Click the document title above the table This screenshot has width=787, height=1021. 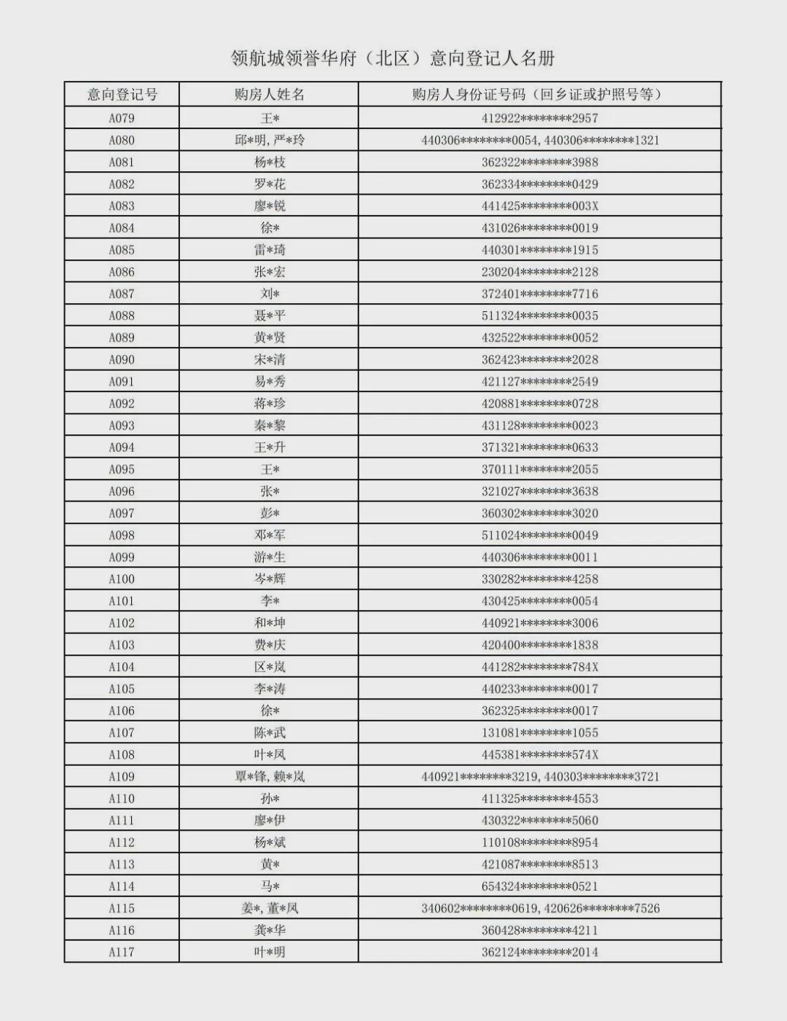(393, 58)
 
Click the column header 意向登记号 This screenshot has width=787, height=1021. (122, 95)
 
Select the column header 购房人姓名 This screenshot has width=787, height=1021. (269, 95)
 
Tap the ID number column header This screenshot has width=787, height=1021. (539, 95)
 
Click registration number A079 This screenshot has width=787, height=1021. (122, 118)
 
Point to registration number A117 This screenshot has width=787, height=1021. (122, 952)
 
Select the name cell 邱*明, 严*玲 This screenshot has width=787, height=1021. (269, 140)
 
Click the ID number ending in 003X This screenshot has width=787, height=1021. (539, 206)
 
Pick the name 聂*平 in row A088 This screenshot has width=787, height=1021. (269, 316)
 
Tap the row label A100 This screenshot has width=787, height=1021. (122, 579)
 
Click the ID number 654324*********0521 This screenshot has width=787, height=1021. (539, 886)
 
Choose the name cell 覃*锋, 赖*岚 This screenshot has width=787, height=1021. (269, 777)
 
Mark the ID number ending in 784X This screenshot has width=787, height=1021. (539, 667)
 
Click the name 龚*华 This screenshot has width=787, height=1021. (269, 930)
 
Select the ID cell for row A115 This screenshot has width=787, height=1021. (539, 908)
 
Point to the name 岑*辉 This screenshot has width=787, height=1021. (269, 579)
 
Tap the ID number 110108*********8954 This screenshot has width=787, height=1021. (539, 842)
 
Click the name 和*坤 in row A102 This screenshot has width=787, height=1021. (269, 623)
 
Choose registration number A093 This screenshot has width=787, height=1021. (122, 426)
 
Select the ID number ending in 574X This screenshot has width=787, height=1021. (539, 755)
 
